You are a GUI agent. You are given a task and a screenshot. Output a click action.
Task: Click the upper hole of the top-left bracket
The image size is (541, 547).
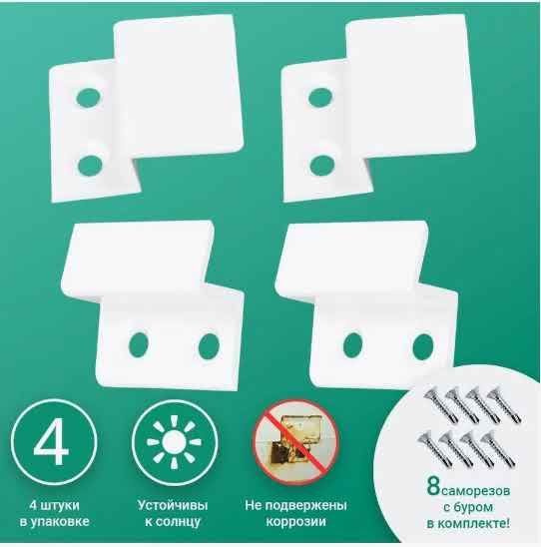point(89,98)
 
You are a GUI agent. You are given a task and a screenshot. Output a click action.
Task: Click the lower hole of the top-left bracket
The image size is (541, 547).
point(90,165)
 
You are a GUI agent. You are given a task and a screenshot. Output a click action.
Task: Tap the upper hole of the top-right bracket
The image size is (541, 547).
point(320,98)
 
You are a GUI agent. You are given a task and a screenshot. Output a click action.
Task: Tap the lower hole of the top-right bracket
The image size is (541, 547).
point(322,165)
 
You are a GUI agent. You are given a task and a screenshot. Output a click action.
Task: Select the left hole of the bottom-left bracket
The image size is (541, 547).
point(139,344)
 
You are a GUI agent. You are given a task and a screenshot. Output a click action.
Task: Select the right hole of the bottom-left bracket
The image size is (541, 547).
point(209,345)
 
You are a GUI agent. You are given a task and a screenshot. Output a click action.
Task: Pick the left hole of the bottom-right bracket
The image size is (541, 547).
point(352,344)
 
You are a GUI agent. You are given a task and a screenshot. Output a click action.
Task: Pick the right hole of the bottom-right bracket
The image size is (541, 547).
point(423,345)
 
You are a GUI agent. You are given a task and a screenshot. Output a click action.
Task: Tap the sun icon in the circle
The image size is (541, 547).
point(174,442)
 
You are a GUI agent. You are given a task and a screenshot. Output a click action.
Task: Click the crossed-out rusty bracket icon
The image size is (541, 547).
point(295,441)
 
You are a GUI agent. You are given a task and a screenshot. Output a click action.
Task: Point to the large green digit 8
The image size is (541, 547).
point(433,486)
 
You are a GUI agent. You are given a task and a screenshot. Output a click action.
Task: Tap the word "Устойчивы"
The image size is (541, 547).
point(173,505)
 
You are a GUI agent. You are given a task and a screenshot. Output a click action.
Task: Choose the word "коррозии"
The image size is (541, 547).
point(296,521)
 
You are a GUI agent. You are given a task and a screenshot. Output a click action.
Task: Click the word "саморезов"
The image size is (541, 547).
point(476,491)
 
